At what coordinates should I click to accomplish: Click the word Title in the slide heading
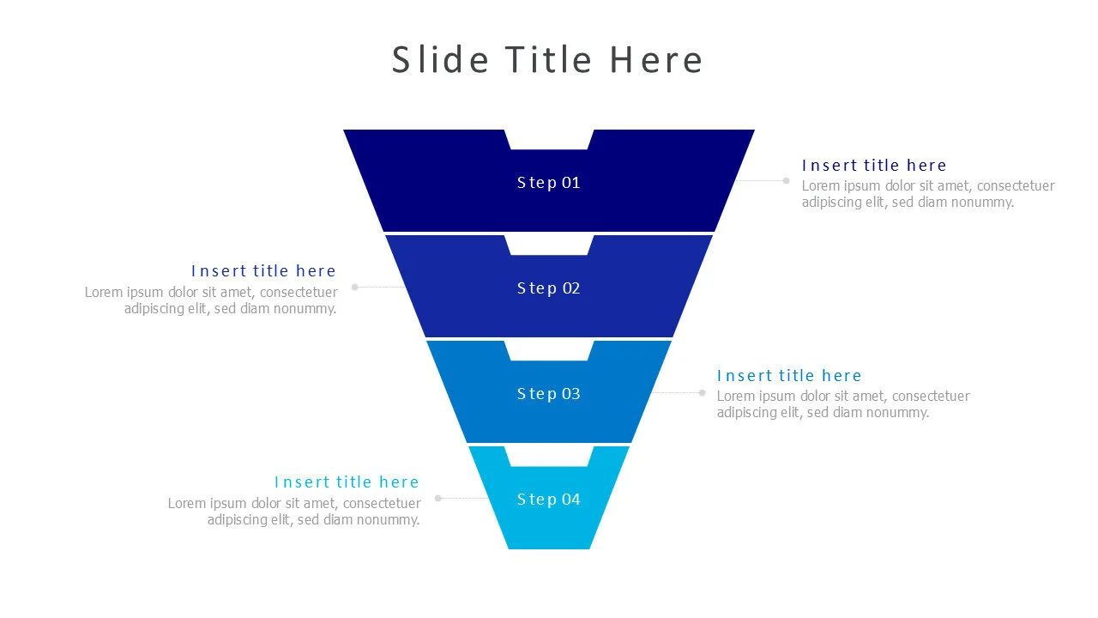point(548,60)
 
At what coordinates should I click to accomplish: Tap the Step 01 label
point(549,183)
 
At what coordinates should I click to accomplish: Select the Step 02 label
point(549,288)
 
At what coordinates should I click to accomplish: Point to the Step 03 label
point(549,394)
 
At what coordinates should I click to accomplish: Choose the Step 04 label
point(549,500)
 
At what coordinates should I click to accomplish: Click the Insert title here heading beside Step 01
point(874,166)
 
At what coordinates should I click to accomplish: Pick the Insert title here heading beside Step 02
point(263,271)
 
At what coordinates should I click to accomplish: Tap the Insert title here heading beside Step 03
point(789,376)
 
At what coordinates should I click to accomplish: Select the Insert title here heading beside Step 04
point(347,482)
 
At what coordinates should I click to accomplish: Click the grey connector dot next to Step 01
point(786,181)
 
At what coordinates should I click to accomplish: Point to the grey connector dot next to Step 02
point(355,288)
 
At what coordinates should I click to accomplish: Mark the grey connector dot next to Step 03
point(702,393)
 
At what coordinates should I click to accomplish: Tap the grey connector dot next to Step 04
point(438,498)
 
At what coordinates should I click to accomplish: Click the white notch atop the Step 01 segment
point(549,138)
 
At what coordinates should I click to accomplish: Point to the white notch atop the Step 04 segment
point(549,456)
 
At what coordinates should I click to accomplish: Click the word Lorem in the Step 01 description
point(820,186)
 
